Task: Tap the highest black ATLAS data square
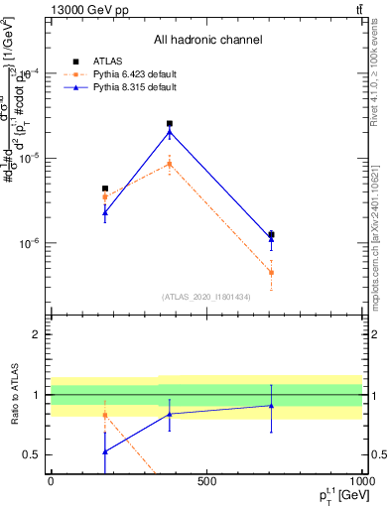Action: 170,124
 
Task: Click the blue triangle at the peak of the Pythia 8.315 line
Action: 170,132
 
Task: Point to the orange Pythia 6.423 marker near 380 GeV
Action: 170,164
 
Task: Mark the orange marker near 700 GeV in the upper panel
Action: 271,273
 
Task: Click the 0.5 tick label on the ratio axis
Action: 35,455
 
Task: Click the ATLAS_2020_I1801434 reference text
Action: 207,297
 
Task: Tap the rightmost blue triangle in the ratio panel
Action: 271,405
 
